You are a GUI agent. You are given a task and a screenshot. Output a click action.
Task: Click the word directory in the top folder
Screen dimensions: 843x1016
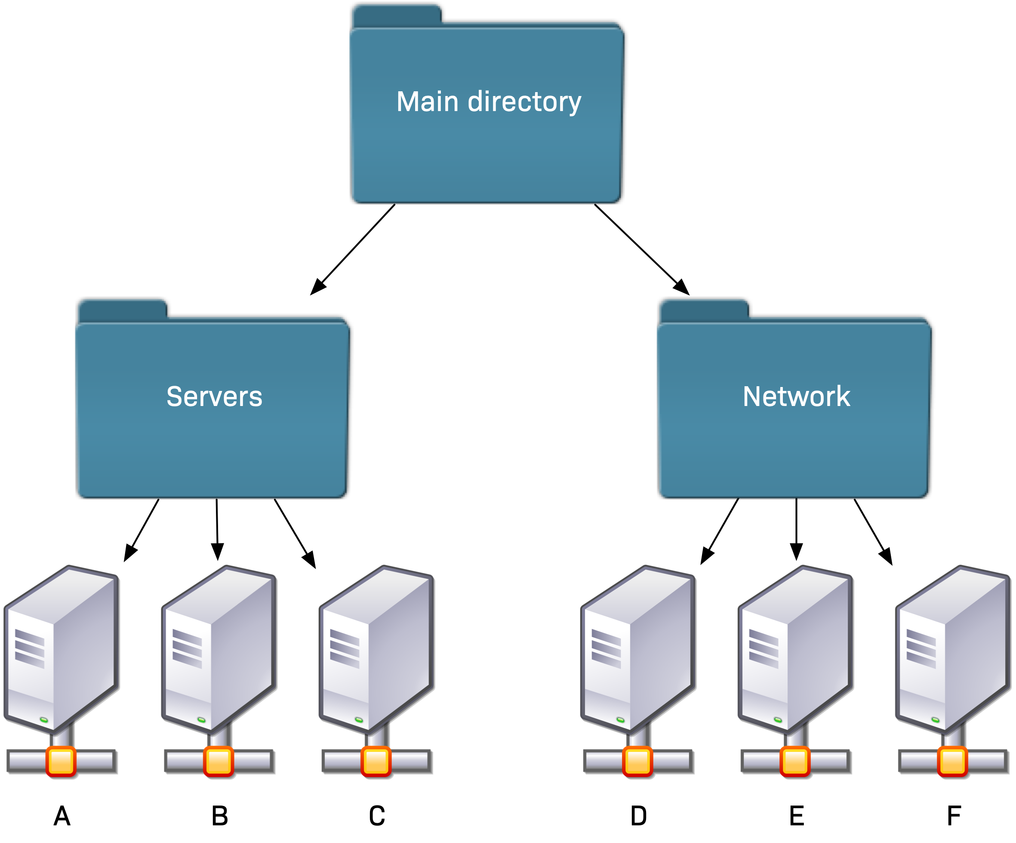[x=524, y=102]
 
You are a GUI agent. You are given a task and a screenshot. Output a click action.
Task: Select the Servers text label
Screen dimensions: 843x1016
[x=214, y=397]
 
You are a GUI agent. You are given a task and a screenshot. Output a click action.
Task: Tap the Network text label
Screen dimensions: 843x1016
[x=796, y=397]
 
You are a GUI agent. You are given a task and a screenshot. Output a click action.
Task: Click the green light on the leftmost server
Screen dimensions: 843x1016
[x=44, y=720]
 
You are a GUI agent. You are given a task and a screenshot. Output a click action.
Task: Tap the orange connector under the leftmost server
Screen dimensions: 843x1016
[x=61, y=761]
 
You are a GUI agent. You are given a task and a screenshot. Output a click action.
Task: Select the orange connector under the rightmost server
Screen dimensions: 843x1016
[x=952, y=761]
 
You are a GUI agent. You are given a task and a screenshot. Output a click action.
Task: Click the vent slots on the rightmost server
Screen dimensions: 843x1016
[x=921, y=648]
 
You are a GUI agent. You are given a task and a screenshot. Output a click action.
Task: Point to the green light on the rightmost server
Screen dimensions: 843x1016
[x=935, y=720]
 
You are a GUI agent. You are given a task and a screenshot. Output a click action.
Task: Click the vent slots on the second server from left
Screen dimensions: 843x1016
[x=187, y=648]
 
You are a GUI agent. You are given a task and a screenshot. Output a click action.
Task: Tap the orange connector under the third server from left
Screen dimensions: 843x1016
[x=376, y=761]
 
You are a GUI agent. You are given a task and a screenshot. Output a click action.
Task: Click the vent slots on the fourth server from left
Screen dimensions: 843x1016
[x=606, y=648]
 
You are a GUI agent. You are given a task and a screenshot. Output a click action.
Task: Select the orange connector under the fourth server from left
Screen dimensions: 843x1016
[x=637, y=761]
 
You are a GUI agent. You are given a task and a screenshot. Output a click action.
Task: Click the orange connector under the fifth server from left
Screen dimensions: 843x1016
[x=795, y=761]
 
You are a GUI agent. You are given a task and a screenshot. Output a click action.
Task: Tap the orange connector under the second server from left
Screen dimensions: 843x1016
[x=218, y=761]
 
